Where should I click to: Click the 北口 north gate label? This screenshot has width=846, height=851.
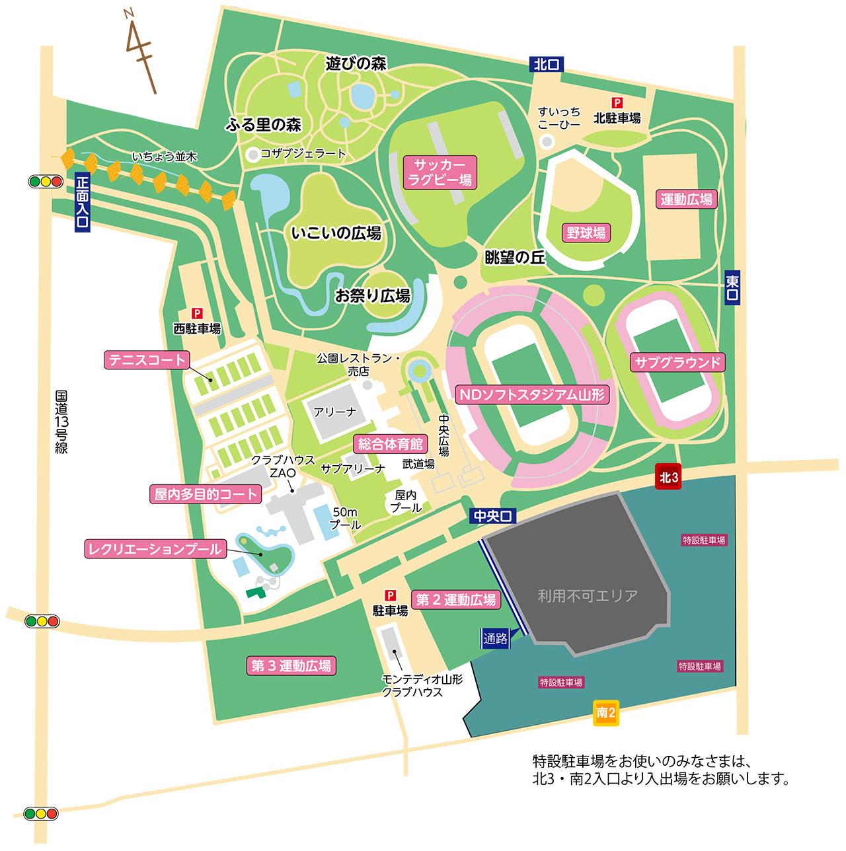pyautogui.click(x=547, y=64)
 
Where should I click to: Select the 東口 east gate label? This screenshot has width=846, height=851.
pyautogui.click(x=732, y=287)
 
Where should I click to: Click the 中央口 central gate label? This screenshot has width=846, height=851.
pyautogui.click(x=493, y=516)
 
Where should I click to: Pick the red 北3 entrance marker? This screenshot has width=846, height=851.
pyautogui.click(x=668, y=477)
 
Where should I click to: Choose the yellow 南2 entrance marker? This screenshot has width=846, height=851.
pyautogui.click(x=605, y=713)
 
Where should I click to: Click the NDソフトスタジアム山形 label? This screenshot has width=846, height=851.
pyautogui.click(x=532, y=395)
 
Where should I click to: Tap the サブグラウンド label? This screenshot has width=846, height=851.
pyautogui.click(x=677, y=362)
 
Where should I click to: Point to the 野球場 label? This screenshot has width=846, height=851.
pyautogui.click(x=586, y=233)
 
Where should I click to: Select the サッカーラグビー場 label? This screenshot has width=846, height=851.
pyautogui.click(x=440, y=172)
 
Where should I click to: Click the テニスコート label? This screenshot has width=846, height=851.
pyautogui.click(x=147, y=360)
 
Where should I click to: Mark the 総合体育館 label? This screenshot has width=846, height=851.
pyautogui.click(x=390, y=444)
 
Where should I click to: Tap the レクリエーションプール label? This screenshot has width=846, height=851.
pyautogui.click(x=155, y=549)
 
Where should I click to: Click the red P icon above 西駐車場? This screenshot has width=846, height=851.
pyautogui.click(x=196, y=314)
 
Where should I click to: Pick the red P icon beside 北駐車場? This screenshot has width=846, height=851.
pyautogui.click(x=617, y=103)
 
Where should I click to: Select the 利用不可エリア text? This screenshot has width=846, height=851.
pyautogui.click(x=588, y=596)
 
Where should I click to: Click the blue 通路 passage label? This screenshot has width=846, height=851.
pyautogui.click(x=496, y=638)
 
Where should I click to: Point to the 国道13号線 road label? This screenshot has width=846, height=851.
pyautogui.click(x=61, y=422)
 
